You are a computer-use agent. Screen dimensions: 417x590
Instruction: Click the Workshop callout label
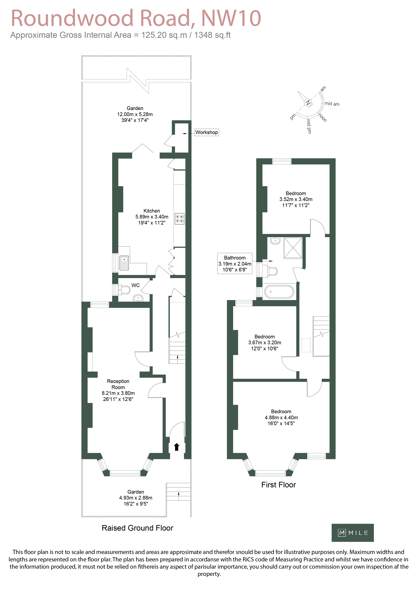point(207,132)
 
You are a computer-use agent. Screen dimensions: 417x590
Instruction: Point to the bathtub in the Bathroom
point(279,291)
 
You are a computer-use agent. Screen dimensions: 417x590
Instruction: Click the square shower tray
point(293,248)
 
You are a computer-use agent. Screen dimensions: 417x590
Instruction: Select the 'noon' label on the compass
point(323,118)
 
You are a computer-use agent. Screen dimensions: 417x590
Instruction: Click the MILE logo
point(352,533)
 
